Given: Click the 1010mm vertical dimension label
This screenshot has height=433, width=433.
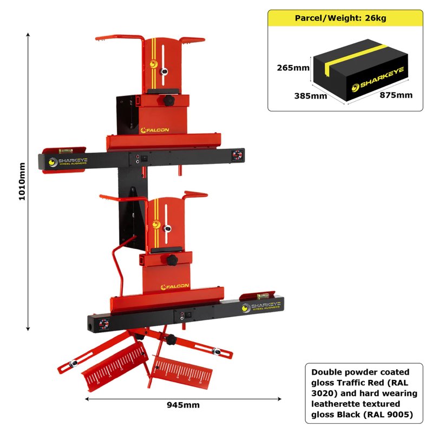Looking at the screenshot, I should point(22,181).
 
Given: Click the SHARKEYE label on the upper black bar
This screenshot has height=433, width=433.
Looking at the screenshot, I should point(67,162).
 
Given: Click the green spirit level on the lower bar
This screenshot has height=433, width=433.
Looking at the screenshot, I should point(262,296).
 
